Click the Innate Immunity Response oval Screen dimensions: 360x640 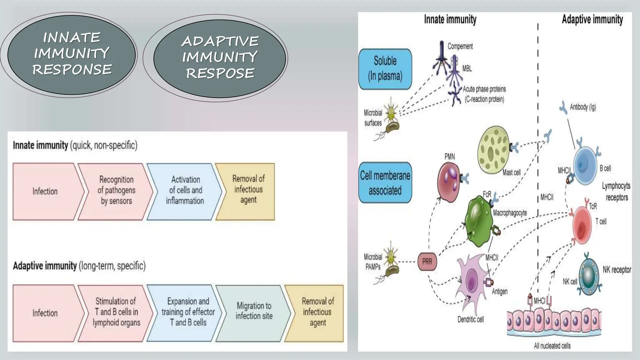(72, 55)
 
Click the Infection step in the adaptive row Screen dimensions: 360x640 (45, 312)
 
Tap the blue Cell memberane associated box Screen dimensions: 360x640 (385, 182)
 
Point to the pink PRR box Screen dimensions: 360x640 (427, 262)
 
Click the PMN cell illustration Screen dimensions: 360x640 (449, 181)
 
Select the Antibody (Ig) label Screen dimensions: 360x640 (582, 107)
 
